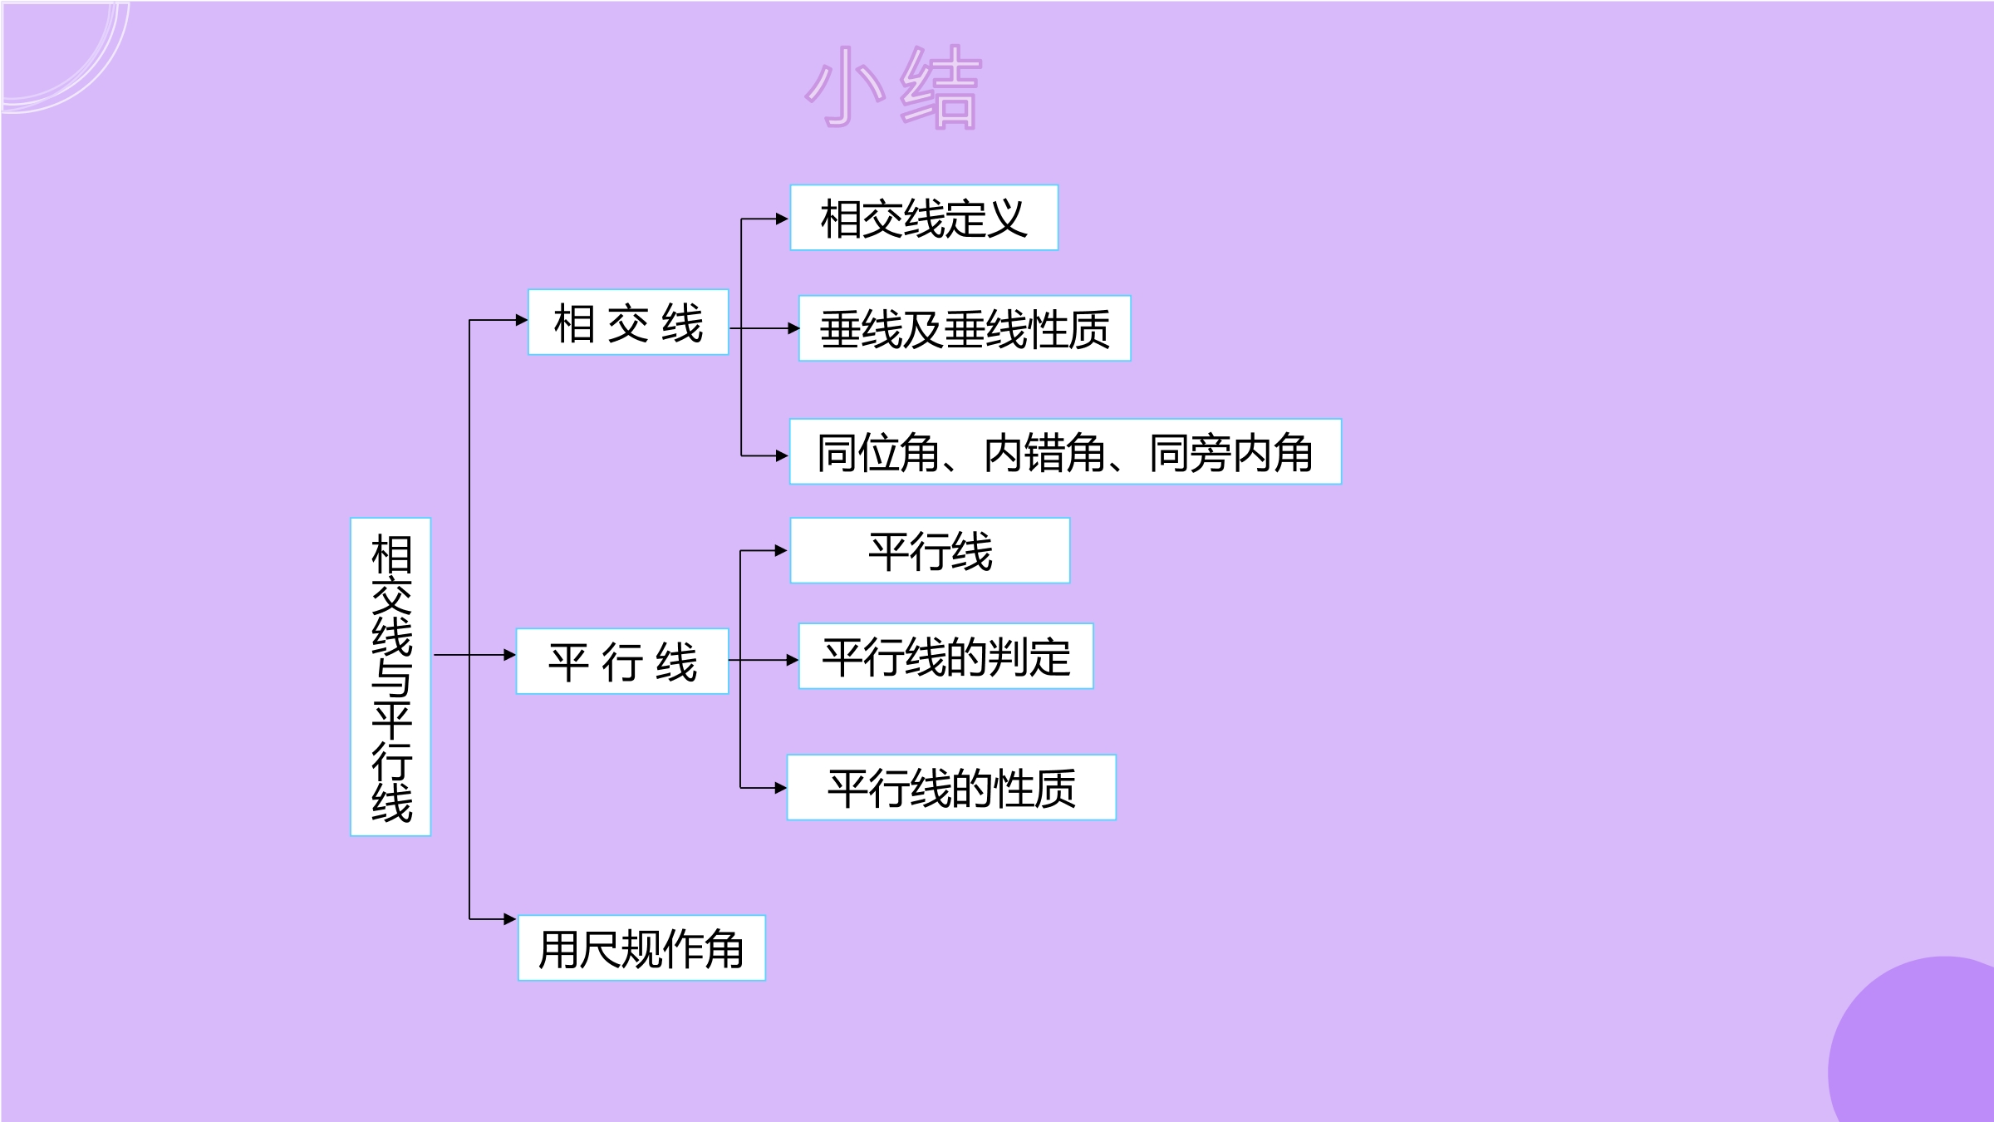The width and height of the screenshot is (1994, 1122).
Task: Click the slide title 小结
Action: coord(894,86)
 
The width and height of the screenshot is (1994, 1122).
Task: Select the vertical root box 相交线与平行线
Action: coord(390,677)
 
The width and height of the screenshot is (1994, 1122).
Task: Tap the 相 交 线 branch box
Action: coord(628,322)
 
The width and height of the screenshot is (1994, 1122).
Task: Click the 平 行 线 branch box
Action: coord(622,662)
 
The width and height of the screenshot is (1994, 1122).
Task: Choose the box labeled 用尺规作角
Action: coord(641,948)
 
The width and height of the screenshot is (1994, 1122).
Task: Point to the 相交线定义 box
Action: coord(924,218)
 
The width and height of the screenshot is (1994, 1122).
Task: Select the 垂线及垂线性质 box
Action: coord(965,328)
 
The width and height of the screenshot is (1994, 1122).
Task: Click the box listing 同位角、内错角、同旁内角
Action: coord(1065,451)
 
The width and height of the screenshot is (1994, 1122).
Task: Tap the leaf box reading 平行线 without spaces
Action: coord(930,550)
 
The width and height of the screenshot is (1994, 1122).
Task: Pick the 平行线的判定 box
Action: coord(945,656)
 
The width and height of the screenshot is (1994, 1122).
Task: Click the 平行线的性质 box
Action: coord(951,787)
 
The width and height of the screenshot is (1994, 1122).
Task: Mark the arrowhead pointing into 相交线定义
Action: coord(782,219)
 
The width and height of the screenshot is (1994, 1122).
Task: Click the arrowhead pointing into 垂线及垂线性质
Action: coord(793,328)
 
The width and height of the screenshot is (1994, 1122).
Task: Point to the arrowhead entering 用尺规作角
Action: coord(510,919)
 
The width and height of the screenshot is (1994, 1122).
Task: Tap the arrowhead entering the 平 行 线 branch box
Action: coord(510,655)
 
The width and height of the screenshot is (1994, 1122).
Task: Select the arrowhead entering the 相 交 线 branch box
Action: coord(522,320)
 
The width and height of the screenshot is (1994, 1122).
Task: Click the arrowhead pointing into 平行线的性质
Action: coord(780,788)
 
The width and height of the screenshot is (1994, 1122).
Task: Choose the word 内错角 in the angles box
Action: coord(1045,453)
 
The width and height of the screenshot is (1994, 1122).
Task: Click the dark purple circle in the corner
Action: coord(1911,1039)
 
